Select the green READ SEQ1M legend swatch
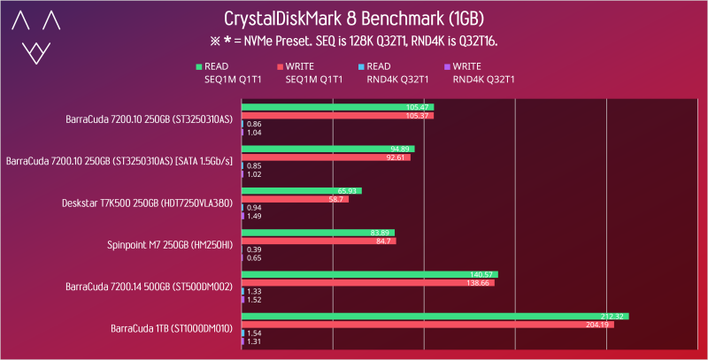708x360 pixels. click(x=199, y=65)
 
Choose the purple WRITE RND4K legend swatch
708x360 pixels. click(x=448, y=65)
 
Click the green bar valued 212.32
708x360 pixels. click(x=435, y=316)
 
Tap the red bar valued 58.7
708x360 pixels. click(x=295, y=199)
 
